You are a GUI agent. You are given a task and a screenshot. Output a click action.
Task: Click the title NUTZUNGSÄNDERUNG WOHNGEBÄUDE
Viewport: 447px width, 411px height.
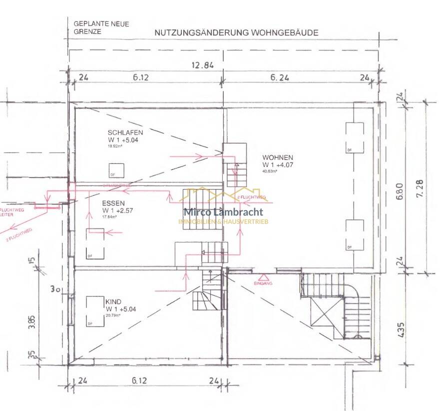(236, 32)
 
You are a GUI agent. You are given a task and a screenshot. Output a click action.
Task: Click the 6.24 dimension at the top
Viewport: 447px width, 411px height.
(281, 77)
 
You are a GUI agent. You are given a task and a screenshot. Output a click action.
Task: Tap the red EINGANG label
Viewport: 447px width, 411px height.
(263, 283)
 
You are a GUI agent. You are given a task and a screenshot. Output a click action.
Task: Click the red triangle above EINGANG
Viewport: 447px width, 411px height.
(263, 276)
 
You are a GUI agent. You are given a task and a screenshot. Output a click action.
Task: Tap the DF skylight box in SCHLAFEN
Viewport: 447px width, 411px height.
(117, 170)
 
